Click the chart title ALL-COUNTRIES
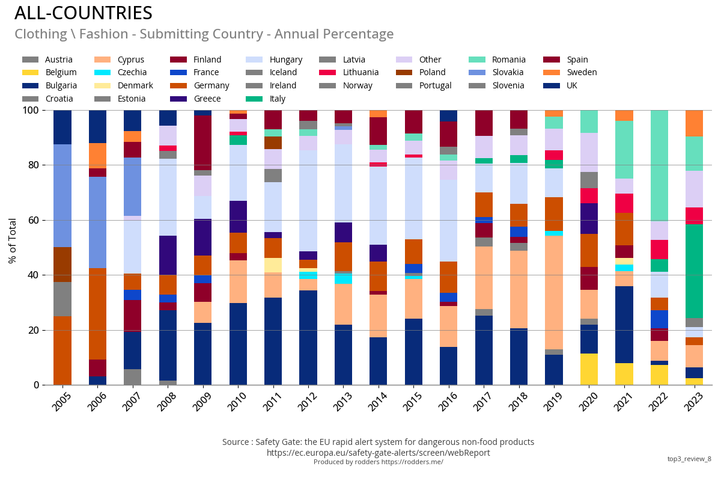tap(84, 13)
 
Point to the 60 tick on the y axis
tap(30, 220)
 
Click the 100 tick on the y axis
tap(28, 110)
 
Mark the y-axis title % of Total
tap(13, 240)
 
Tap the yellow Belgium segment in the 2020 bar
tap(589, 369)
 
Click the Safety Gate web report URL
tap(378, 453)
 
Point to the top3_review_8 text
tap(689, 459)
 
